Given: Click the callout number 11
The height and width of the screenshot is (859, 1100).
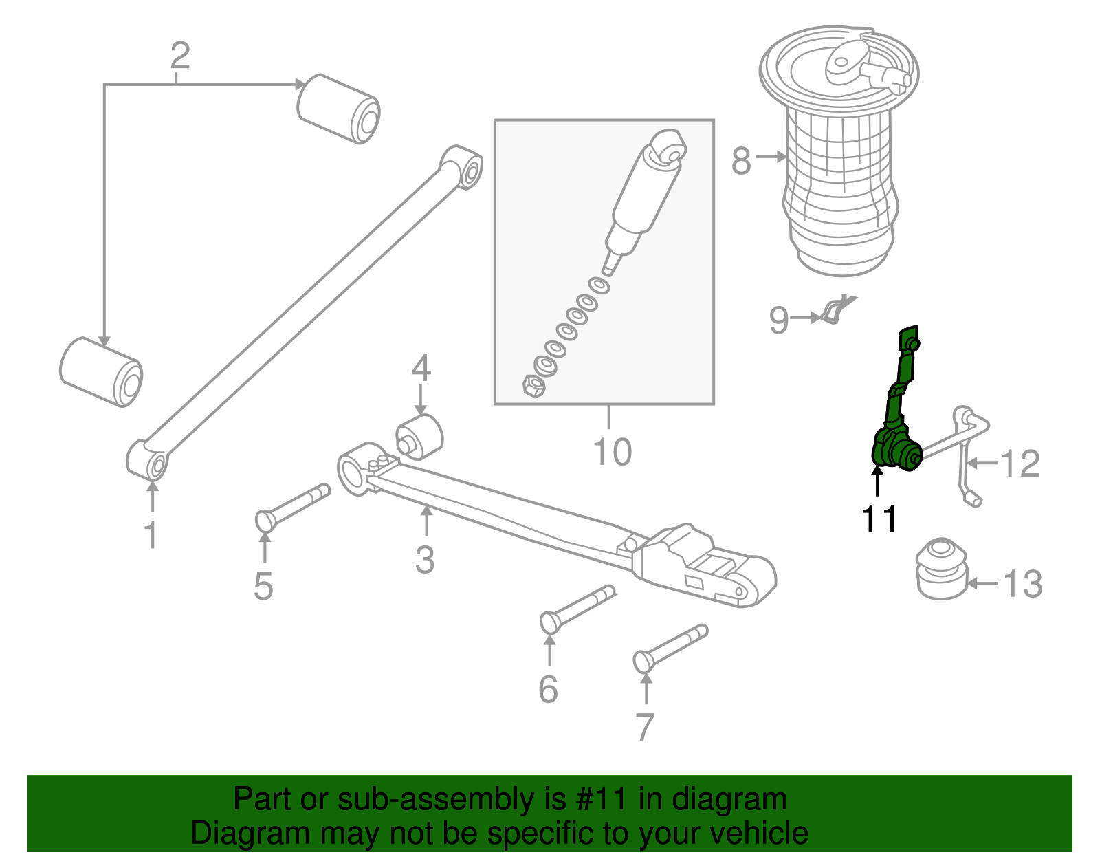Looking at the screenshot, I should tap(879, 520).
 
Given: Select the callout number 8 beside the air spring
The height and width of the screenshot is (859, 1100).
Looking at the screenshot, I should tap(740, 162).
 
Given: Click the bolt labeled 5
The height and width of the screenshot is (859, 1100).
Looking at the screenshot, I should tap(292, 505).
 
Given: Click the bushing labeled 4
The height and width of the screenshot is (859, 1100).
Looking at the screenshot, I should tap(419, 437).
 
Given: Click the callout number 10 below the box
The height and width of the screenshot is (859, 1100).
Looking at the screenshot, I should tap(612, 453).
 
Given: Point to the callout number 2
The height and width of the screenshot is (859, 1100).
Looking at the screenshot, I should tap(180, 55).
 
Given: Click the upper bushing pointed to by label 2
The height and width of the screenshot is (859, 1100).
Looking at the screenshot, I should tap(339, 109).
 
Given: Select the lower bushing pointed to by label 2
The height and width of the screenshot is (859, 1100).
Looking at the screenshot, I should tap(101, 371).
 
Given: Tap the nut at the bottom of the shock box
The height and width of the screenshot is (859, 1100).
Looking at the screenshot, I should tap(533, 386).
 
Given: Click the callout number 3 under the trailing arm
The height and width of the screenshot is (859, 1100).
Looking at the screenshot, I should tap(425, 560).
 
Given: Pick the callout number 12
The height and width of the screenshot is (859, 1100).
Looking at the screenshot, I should tap(1020, 464).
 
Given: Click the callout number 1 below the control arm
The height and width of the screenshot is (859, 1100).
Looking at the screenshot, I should tap(151, 535).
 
